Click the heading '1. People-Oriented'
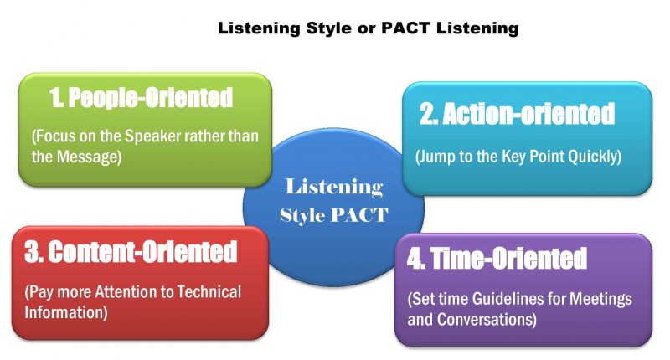point(141,98)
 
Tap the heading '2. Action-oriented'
point(517,114)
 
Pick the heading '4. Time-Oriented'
point(497,259)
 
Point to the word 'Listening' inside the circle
point(334,186)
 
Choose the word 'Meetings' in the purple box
point(604,299)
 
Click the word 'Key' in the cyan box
point(513,157)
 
